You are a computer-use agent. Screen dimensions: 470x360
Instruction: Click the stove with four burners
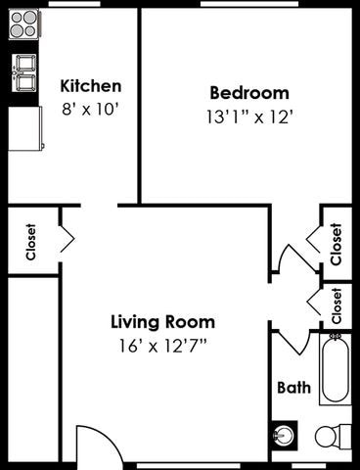[23, 24]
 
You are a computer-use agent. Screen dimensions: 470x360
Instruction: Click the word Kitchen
[91, 85]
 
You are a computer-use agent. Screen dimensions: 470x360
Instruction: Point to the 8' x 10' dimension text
[91, 108]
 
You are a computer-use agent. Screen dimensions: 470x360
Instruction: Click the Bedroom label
[249, 93]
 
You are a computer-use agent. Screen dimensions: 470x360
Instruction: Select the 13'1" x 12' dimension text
[249, 116]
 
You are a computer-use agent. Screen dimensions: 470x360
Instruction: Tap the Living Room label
[162, 321]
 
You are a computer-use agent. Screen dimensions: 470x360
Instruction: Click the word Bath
[293, 388]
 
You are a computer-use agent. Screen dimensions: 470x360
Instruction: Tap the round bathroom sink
[284, 434]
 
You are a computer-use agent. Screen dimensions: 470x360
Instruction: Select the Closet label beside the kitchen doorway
[30, 241]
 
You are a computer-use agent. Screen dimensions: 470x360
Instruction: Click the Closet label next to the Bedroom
[336, 244]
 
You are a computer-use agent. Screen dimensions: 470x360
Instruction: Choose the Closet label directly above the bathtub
[337, 305]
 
